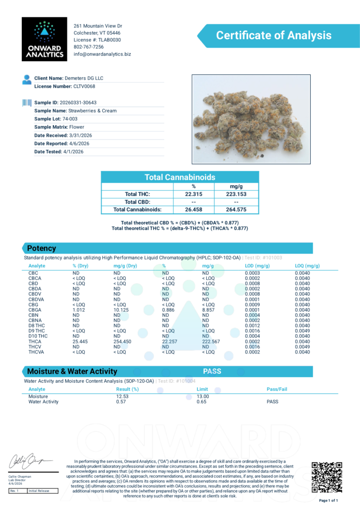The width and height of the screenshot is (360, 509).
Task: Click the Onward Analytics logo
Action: [x=44, y=39]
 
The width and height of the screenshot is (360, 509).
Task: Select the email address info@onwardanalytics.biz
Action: [x=102, y=54]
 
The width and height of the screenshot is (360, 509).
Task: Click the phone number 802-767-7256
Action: [x=89, y=47]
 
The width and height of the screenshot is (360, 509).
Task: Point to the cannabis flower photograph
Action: [x=251, y=119]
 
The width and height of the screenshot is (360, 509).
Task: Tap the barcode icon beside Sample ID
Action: [x=26, y=102]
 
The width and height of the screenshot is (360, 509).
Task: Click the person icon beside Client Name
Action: [x=26, y=79]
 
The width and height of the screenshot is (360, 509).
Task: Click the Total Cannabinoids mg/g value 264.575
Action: [x=236, y=210]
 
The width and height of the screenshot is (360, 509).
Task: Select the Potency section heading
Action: [x=41, y=249]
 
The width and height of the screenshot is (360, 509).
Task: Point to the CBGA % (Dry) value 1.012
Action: [x=80, y=310]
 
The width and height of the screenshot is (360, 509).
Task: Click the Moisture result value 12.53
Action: [x=122, y=397]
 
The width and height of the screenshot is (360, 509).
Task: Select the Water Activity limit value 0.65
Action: [x=201, y=402]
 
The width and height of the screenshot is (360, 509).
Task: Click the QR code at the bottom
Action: [x=327, y=476]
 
